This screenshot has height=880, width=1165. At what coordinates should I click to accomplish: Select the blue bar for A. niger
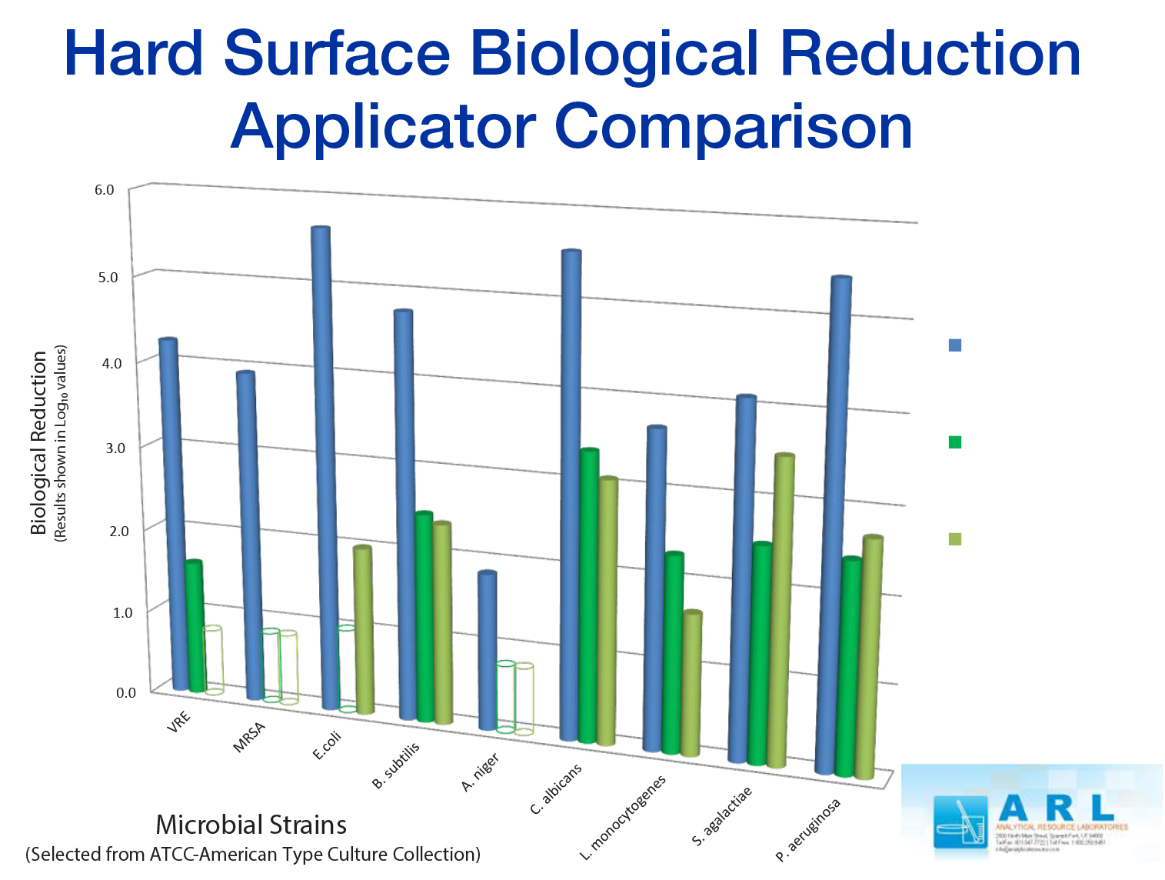click(487, 650)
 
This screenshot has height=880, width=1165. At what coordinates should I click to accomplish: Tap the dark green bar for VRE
click(195, 627)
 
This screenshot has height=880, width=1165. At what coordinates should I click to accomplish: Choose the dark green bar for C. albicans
click(589, 596)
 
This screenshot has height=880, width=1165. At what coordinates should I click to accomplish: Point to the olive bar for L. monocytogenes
click(692, 685)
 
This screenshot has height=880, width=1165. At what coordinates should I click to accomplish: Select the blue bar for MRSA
click(250, 535)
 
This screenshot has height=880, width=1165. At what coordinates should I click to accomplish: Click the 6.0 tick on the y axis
click(105, 190)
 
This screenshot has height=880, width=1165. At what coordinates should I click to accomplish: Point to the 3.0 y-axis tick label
click(112, 448)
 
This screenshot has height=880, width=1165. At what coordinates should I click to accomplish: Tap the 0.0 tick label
click(125, 693)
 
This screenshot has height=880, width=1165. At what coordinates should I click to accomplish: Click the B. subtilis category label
click(396, 765)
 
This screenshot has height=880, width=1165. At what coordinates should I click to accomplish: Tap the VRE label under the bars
click(178, 722)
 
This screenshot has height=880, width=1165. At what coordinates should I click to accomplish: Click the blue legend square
click(955, 345)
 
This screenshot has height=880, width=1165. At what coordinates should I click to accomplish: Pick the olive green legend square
click(955, 539)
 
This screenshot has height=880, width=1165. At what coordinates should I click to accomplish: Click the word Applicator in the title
click(384, 127)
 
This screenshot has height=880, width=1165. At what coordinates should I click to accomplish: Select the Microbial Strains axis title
click(251, 825)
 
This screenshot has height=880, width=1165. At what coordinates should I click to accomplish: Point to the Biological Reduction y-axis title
click(38, 443)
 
